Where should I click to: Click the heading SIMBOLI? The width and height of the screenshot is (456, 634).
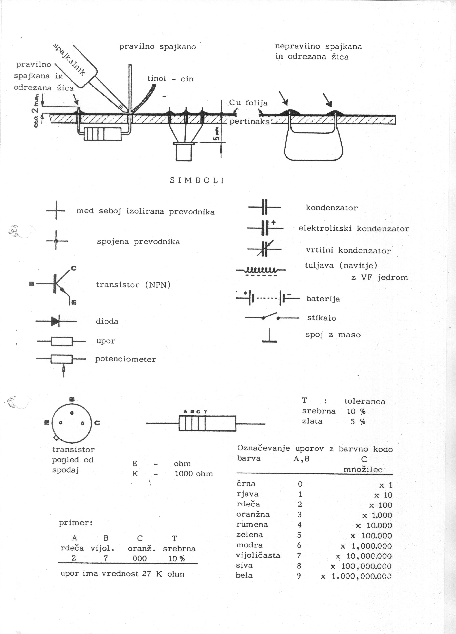[197, 181]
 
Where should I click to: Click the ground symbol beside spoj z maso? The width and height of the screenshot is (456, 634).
[270, 336]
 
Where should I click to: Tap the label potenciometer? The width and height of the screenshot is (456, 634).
[126, 359]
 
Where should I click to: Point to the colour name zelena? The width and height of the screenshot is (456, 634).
[249, 535]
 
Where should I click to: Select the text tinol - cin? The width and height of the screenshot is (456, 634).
[170, 79]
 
